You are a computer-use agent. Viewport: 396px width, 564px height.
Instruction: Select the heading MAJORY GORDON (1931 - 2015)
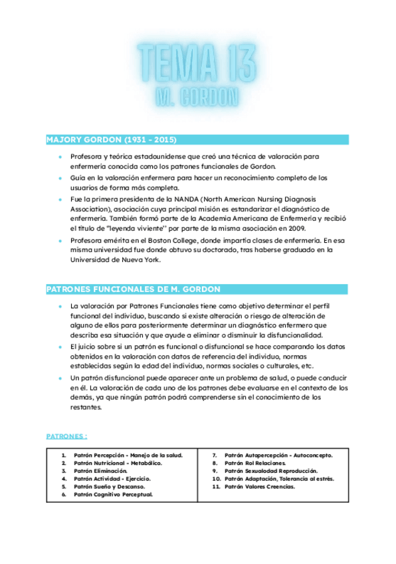111,140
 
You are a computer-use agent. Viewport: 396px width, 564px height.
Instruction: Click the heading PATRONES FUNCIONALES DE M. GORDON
133,289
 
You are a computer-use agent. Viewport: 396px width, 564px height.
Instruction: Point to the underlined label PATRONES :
66,436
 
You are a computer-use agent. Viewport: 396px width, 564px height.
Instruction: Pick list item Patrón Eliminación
100,471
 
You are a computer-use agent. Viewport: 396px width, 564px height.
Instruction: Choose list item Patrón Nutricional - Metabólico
118,463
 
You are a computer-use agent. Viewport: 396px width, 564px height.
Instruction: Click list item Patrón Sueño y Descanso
109,487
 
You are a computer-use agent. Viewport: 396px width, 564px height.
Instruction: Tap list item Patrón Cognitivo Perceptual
113,495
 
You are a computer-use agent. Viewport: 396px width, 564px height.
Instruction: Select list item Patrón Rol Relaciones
255,463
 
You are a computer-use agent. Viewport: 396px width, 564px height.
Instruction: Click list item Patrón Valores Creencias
260,487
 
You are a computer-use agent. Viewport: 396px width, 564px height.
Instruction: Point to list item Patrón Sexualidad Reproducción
270,471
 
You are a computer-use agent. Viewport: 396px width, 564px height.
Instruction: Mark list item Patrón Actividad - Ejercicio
112,479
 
